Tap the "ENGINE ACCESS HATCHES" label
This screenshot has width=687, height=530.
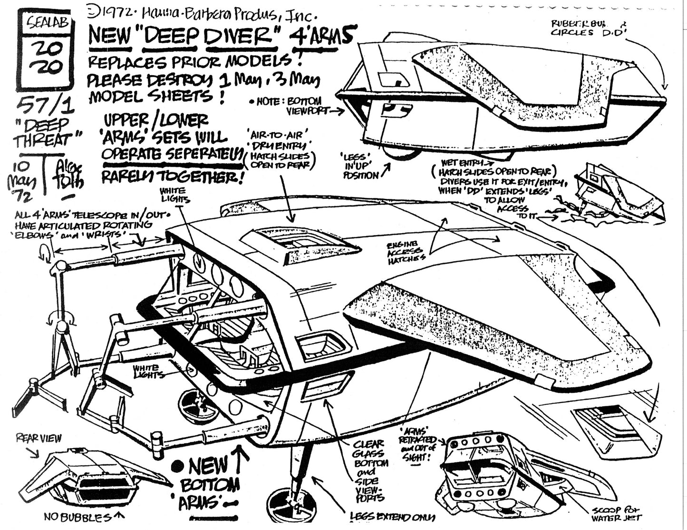(x=406, y=251)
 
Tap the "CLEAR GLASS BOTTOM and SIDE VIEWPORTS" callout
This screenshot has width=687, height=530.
(x=371, y=471)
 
